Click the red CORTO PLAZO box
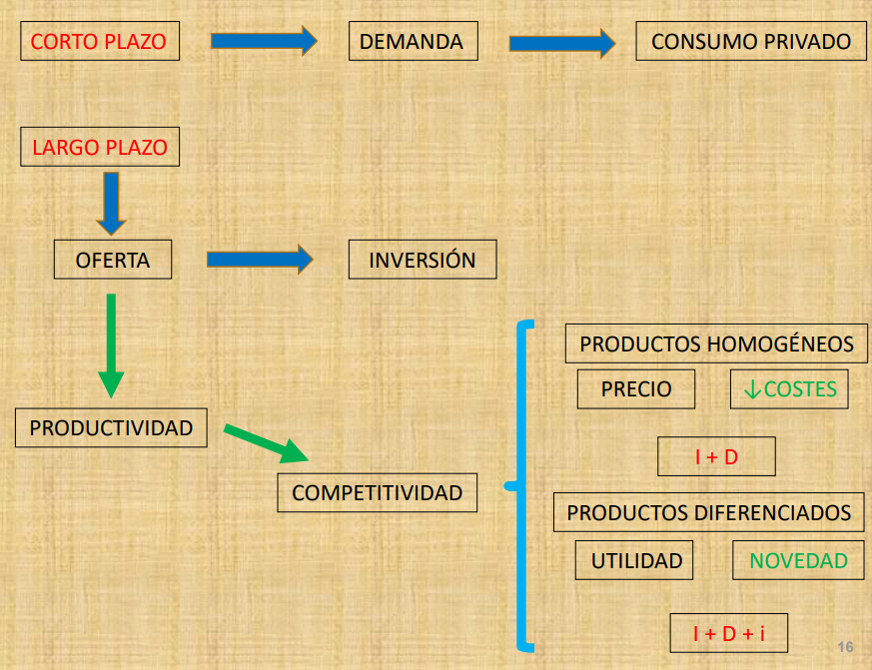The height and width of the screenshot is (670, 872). [98, 42]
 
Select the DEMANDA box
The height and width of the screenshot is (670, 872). [412, 42]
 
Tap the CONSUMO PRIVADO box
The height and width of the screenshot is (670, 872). [750, 42]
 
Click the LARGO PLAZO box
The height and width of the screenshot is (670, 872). [100, 148]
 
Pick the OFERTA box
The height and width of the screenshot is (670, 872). [112, 261]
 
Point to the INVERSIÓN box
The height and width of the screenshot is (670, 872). [422, 261]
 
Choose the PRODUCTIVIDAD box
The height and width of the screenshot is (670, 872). [111, 428]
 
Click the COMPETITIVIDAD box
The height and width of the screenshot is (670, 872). [377, 492]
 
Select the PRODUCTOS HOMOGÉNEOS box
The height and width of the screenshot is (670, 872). [716, 344]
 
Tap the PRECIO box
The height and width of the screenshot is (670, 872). [635, 389]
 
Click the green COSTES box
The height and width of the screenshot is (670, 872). [789, 389]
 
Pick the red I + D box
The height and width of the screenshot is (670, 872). [716, 457]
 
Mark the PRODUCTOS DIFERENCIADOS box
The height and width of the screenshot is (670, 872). [708, 512]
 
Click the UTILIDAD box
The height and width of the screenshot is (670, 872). [635, 560]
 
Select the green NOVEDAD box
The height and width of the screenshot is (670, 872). [798, 560]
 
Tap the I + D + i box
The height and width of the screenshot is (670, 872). [728, 633]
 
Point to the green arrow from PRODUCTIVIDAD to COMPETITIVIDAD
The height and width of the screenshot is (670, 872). [265, 443]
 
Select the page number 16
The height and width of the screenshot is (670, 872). [846, 645]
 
